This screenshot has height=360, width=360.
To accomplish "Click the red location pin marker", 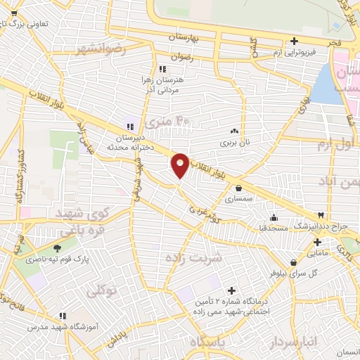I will (180, 165).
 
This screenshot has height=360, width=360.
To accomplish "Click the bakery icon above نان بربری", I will (233, 131).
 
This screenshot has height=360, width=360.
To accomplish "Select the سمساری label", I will (240, 200).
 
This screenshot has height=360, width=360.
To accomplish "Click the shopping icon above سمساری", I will (240, 188).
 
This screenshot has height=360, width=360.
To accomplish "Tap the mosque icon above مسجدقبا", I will (273, 217).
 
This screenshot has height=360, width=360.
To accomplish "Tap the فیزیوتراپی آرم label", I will (292, 53).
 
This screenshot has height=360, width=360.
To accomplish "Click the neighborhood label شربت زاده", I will (193, 257).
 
